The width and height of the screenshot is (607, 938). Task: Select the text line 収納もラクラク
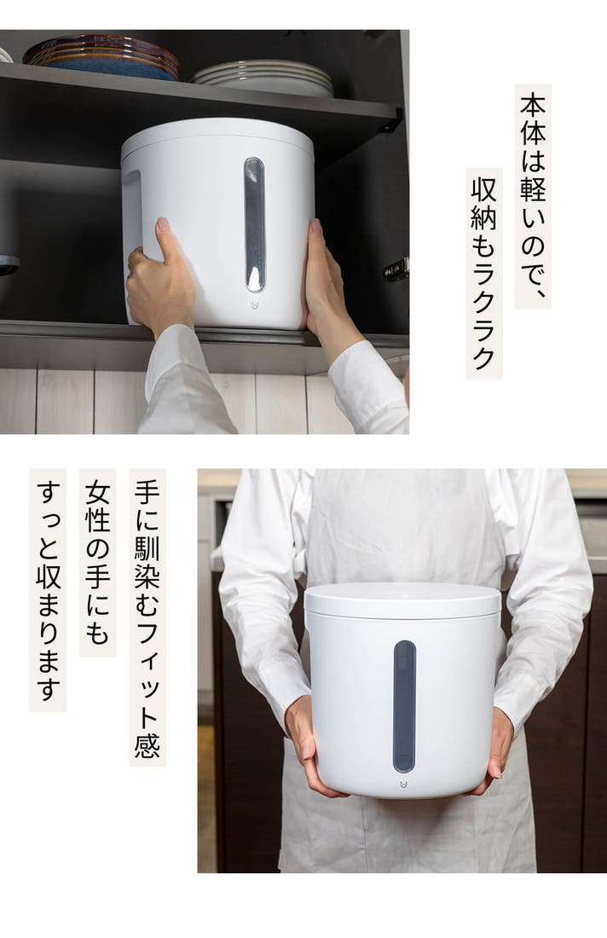tap(483, 273)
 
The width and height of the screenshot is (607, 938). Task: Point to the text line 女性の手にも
tap(97, 562)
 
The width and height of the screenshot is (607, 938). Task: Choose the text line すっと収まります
tap(47, 589)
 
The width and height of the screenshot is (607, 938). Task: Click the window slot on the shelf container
tap(254, 225)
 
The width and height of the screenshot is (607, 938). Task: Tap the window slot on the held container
tap(404, 707)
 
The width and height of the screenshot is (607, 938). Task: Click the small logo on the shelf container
tap(254, 305)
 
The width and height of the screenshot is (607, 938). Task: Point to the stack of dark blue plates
tap(101, 57)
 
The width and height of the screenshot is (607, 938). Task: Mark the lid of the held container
tap(402, 600)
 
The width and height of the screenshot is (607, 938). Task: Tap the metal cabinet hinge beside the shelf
tap(396, 269)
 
